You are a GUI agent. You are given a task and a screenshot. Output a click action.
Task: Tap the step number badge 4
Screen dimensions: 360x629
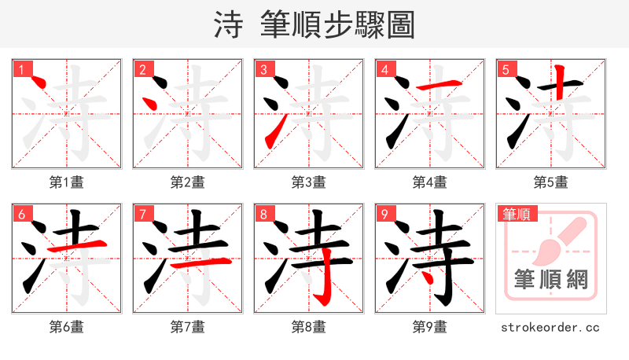point(384,69)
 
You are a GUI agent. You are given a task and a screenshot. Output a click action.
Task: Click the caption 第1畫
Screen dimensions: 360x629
point(67,182)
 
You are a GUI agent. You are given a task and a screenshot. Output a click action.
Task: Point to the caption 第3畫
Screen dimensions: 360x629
point(309,182)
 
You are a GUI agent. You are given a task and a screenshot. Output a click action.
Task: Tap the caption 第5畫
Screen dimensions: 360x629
point(551,182)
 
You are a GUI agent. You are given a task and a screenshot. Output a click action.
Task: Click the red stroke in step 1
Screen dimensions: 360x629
point(34,79)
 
